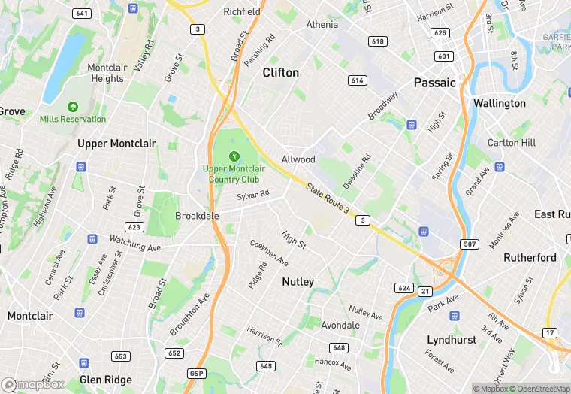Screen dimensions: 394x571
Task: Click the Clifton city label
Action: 280,73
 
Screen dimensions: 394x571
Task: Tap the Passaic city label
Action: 435,83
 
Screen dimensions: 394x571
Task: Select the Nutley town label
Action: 298,282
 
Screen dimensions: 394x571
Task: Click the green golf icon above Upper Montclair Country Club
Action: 234,156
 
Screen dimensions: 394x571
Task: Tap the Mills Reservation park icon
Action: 73,107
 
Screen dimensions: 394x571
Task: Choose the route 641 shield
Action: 83,14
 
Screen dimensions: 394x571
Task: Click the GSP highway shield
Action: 195,374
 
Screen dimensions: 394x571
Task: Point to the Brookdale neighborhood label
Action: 197,216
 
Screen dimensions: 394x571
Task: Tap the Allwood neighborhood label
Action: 298,159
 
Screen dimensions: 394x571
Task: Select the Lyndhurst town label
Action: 452,340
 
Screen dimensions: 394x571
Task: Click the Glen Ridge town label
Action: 105,380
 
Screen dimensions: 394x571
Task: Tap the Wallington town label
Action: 500,103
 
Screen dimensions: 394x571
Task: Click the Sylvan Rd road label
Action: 253,195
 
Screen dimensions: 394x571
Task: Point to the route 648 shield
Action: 338,347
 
